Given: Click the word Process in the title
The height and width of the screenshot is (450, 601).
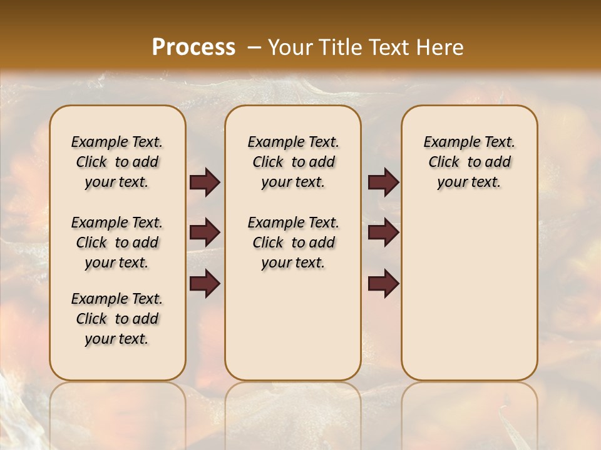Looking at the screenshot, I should point(193,47).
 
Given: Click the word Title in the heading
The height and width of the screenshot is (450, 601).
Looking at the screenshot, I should point(338,47).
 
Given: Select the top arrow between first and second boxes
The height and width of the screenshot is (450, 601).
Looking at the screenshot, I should point(205,182).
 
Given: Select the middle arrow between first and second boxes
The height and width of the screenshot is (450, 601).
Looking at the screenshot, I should point(205,233).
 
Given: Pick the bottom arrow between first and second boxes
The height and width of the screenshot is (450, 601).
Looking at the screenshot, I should point(205,284).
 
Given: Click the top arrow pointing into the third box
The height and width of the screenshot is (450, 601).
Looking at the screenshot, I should point(383,182).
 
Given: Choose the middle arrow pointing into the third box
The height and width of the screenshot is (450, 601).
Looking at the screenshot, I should point(383,233).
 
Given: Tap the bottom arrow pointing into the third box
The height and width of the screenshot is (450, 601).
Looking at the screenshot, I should point(383,284).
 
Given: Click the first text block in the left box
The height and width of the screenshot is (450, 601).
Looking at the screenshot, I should point(117,162).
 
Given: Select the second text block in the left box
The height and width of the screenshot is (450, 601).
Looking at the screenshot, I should point(117,242).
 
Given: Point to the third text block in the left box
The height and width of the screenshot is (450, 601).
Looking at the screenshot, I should point(117,319).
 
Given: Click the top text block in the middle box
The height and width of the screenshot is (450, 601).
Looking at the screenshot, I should point(293,162).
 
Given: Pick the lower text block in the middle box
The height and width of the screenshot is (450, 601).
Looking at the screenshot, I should point(293,242).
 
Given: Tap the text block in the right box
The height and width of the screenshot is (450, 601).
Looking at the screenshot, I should point(470,162).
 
